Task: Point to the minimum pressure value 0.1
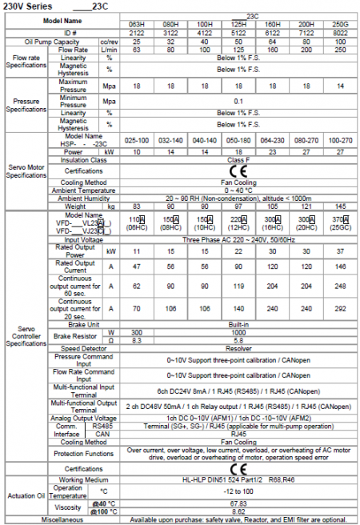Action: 238,102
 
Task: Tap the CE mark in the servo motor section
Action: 238,170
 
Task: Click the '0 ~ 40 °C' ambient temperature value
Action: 238,190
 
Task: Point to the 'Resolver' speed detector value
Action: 238,348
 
